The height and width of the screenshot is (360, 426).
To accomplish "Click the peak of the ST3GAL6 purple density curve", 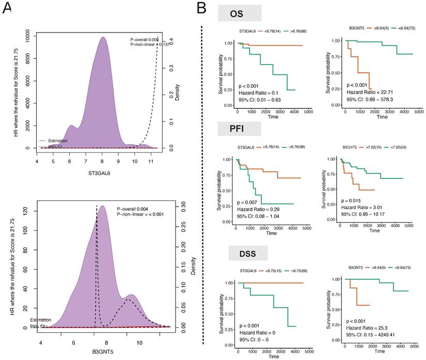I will click(x=103, y=37).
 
